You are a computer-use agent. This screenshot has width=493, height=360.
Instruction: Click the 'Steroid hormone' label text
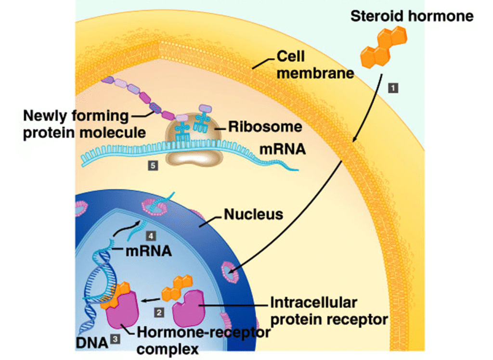point(412,16)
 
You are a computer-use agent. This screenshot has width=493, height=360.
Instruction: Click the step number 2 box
point(159,312)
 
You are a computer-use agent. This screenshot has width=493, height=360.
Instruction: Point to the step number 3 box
point(115,339)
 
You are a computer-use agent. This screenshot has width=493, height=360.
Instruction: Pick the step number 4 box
point(151,236)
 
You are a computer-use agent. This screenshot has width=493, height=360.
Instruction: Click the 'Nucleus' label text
point(253,214)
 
